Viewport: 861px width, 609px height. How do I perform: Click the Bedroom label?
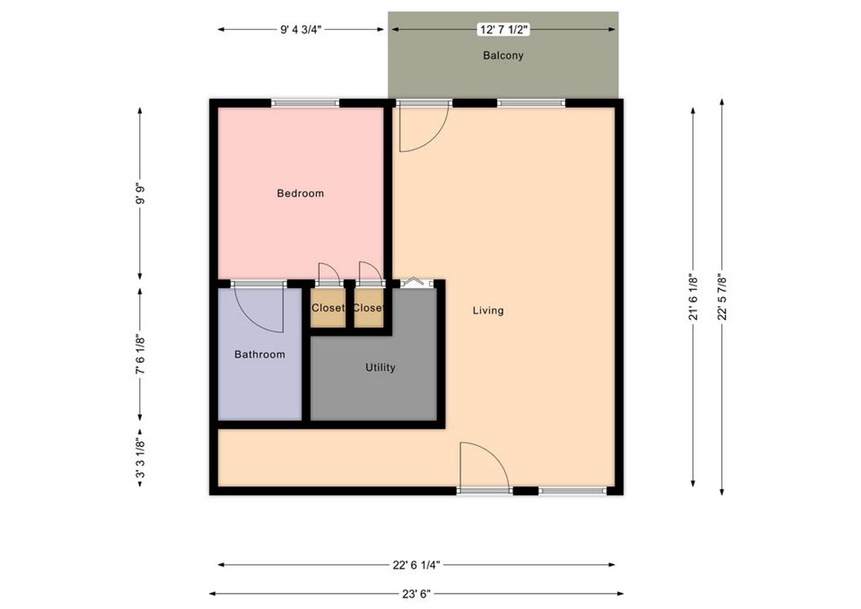300,193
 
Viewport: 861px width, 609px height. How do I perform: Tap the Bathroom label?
260,355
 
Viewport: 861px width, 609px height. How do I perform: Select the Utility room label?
380,368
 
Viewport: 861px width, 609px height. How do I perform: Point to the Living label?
488,311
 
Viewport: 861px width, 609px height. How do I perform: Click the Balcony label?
503,56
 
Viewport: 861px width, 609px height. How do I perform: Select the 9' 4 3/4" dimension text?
300,30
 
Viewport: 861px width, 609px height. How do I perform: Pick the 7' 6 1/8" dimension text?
140,354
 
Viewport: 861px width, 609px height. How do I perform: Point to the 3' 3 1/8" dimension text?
140,458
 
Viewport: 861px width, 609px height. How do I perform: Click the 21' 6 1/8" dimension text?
693,297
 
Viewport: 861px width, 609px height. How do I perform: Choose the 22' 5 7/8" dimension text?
722,297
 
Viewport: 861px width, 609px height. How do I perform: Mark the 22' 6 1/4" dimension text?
416,565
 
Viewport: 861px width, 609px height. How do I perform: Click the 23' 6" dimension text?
416,594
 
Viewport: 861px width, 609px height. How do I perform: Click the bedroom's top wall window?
305,103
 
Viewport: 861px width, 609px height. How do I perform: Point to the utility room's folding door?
417,283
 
